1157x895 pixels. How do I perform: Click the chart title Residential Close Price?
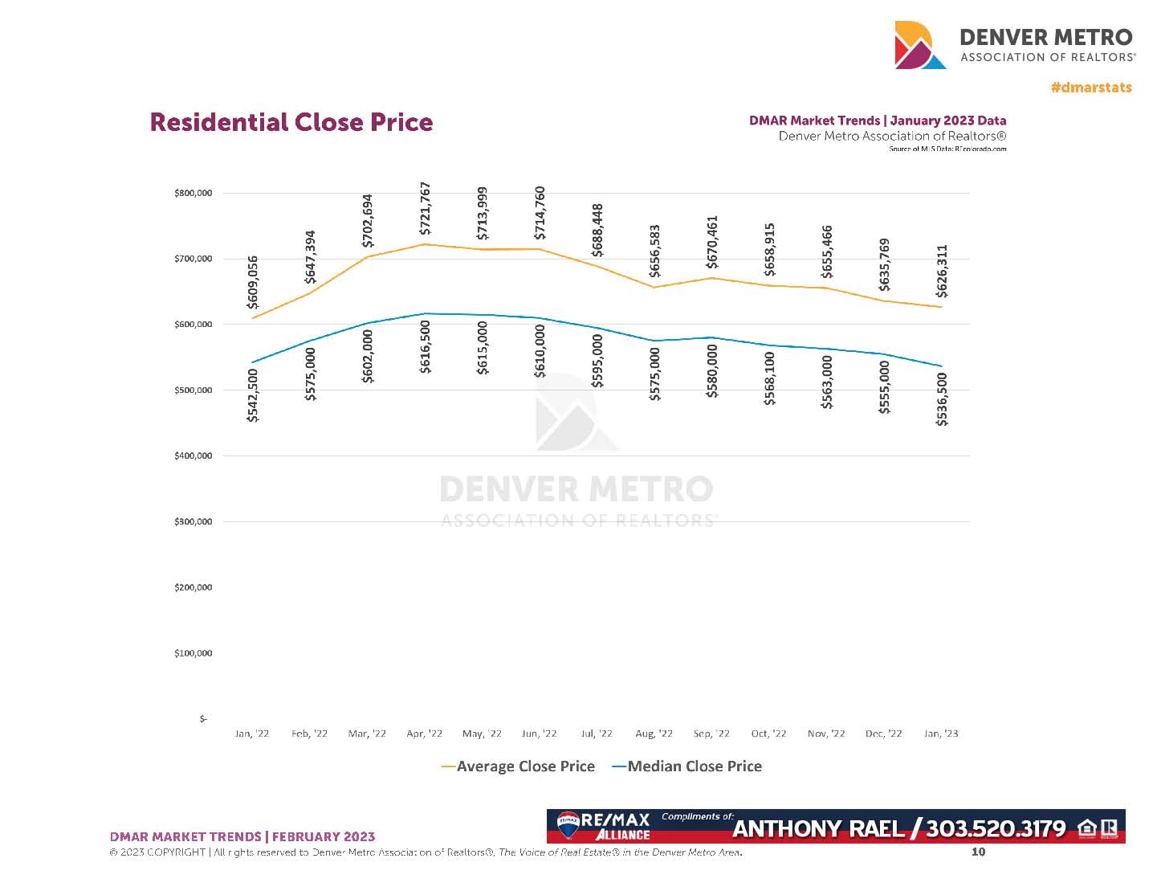coord(291,122)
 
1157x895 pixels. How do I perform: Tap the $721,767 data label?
coord(426,208)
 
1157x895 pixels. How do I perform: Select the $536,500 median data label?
coord(942,399)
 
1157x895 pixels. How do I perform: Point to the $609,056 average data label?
coord(253,282)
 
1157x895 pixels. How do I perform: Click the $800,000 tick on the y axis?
coord(193,194)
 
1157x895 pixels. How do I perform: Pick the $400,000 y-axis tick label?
coord(193,456)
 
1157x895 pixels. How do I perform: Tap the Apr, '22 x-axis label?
coord(424,734)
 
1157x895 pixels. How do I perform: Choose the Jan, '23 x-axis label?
coord(941,734)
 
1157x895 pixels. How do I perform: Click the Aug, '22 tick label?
coord(654,734)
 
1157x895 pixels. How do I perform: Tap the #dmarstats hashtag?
coord(1091,88)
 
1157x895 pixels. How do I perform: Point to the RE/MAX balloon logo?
coord(568,824)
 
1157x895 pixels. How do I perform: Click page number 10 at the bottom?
coord(978,852)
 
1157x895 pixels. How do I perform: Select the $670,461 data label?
coord(712,242)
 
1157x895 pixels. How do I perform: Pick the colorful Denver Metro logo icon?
coord(920,45)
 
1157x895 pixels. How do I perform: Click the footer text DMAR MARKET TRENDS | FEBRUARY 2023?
coord(242,836)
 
